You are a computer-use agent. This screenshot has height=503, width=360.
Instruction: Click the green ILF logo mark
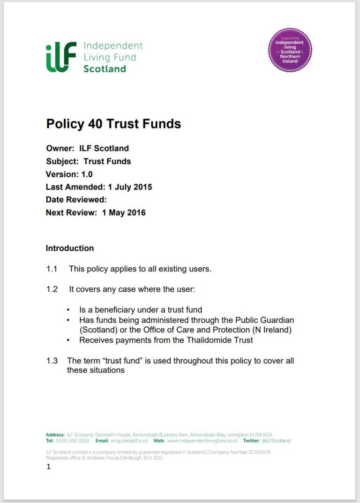pyautogui.click(x=61, y=57)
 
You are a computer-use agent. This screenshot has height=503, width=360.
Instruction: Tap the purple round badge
pyautogui.click(x=290, y=50)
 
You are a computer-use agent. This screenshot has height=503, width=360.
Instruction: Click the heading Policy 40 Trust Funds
pyautogui.click(x=113, y=124)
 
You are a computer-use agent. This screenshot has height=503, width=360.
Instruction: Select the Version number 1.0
pyautogui.click(x=87, y=174)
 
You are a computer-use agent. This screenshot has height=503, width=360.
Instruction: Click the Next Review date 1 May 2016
pyautogui.click(x=124, y=212)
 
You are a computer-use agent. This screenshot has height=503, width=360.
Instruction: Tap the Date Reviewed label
pyautogui.click(x=76, y=200)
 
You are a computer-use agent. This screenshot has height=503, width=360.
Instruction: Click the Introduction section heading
pyautogui.click(x=70, y=248)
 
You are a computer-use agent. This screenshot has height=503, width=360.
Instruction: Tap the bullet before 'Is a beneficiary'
pyautogui.click(x=69, y=310)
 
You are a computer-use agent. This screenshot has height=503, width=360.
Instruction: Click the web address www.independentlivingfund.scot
pyautogui.click(x=202, y=441)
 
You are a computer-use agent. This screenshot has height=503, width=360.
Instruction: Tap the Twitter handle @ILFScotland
pyautogui.click(x=276, y=441)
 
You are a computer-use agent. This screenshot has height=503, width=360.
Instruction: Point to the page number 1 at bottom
pyautogui.click(x=48, y=467)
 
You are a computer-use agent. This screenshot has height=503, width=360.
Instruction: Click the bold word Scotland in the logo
pyautogui.click(x=105, y=69)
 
